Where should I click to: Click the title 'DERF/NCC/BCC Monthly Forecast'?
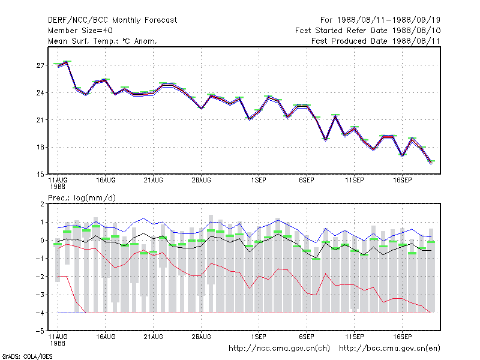pyautogui.click(x=112, y=20)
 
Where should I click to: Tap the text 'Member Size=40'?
pyautogui.click(x=80, y=31)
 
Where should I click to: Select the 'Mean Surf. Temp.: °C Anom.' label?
pyautogui.click(x=103, y=41)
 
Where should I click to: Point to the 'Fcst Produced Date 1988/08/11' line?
pyautogui.click(x=376, y=41)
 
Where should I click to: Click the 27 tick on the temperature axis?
pyautogui.click(x=40, y=65)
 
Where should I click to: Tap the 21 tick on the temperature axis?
pyautogui.click(x=40, y=120)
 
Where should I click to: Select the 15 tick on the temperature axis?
pyautogui.click(x=40, y=175)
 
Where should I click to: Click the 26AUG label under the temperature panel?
pyautogui.click(x=202, y=181)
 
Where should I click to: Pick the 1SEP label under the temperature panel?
pyautogui.click(x=259, y=181)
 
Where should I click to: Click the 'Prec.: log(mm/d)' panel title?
pyautogui.click(x=82, y=198)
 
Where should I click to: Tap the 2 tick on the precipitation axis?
pyautogui.click(x=42, y=204)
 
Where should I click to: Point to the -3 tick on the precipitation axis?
pyautogui.click(x=40, y=295)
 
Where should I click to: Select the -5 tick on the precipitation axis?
pyautogui.click(x=40, y=331)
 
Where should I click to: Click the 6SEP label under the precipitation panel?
pyautogui.click(x=307, y=337)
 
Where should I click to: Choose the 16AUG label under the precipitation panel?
pyautogui.click(x=106, y=337)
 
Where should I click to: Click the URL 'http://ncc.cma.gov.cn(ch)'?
pyautogui.click(x=279, y=349)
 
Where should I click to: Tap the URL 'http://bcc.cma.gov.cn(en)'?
pyautogui.click(x=389, y=349)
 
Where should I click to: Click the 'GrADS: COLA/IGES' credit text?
pyautogui.click(x=27, y=356)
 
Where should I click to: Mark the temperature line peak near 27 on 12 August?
pyautogui.click(x=67, y=62)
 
